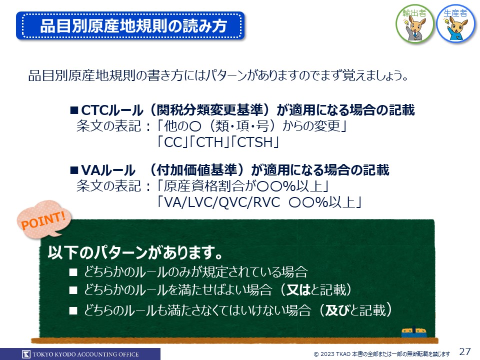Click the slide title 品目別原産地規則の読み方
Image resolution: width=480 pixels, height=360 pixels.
tap(133, 25)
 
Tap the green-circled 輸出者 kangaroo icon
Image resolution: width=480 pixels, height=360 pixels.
tap(414, 23)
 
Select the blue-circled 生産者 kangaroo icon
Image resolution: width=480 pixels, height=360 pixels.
tap(456, 23)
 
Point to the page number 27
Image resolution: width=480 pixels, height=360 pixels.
tap(465, 351)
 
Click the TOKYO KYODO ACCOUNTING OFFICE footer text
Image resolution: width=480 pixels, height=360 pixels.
tap(85, 354)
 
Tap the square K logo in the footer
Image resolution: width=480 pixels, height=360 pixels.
tap(26, 354)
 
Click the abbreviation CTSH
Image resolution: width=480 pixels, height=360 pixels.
tap(254, 142)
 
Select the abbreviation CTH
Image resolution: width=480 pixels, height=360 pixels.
tap(209, 142)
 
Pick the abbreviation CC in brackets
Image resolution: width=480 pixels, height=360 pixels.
tap(173, 142)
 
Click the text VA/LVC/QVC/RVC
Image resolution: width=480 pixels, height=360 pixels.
tap(222, 202)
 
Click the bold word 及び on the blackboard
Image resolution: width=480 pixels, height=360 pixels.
tap(337, 310)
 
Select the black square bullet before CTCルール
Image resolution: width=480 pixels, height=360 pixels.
tap(74, 110)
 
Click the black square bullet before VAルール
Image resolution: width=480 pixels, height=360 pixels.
tap(74, 170)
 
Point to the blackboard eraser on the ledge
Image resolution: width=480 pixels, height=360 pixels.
tap(414, 332)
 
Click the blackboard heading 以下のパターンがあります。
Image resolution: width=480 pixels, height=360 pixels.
tap(135, 252)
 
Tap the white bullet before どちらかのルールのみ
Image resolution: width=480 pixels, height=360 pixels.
tap(73, 272)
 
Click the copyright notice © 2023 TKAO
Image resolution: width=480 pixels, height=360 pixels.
tap(381, 354)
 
